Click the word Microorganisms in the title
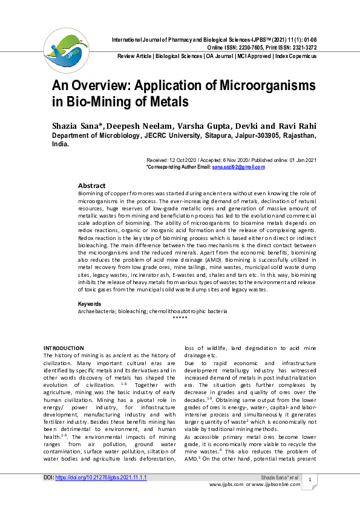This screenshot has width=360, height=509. coord(244,84)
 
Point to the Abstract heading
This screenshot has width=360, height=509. coord(92,186)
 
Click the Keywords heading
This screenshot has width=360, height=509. coord(90,303)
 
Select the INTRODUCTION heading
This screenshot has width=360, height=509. coord(64,348)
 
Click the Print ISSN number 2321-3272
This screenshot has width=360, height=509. coord(301,47)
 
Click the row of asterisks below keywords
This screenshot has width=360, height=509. coord(180,317)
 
